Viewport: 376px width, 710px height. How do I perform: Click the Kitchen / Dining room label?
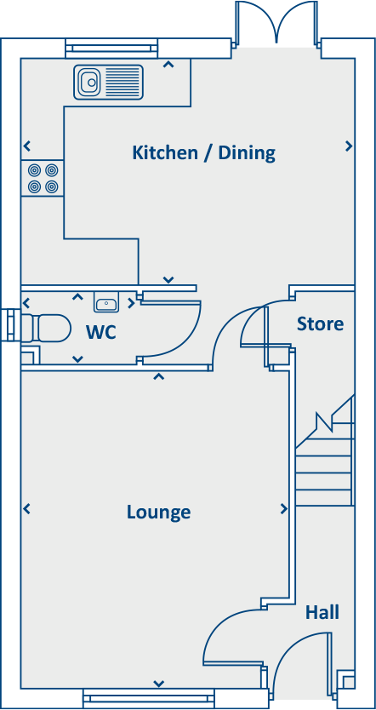(x=203, y=153)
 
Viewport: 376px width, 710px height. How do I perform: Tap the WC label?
(x=100, y=331)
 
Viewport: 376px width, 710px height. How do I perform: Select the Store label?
(x=320, y=324)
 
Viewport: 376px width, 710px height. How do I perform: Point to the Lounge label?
(x=158, y=512)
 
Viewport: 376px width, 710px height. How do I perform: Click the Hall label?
(x=322, y=612)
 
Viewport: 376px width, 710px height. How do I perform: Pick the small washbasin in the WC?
(x=106, y=303)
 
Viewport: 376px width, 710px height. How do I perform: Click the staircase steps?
(x=324, y=464)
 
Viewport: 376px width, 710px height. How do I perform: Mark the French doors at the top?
(x=277, y=23)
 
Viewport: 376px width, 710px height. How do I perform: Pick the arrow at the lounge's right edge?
(x=284, y=509)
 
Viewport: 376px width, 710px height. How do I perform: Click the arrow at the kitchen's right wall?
(x=349, y=146)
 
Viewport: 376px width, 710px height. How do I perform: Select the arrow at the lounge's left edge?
(x=27, y=509)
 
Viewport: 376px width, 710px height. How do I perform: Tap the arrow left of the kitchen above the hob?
(x=27, y=146)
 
